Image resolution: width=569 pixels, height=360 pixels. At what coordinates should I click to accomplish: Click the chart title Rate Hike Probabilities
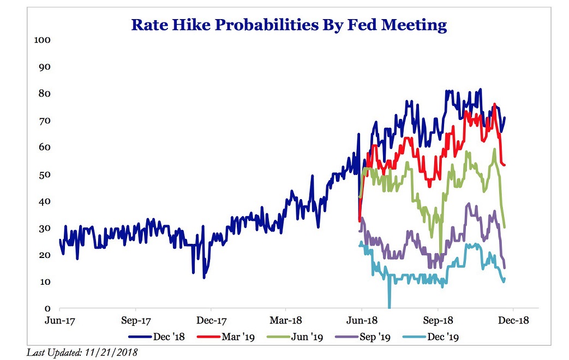point(289,25)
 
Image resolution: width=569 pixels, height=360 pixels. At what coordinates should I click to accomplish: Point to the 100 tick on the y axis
point(42,40)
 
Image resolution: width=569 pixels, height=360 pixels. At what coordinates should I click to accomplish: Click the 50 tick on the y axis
point(44,175)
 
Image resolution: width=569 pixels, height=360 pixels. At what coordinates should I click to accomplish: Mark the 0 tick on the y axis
point(47,309)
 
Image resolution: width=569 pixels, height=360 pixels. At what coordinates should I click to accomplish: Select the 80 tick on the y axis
point(44,94)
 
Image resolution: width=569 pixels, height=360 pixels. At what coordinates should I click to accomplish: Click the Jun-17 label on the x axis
point(59,321)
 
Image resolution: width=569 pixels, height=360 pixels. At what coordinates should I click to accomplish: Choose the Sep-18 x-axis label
point(438,321)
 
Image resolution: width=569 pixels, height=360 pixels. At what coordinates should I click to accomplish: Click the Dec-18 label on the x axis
point(513,321)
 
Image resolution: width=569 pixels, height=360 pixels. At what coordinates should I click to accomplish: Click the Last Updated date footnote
point(82,352)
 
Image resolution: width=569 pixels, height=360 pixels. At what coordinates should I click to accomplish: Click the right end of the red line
point(505,165)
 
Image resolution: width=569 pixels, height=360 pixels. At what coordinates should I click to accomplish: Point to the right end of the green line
point(505,227)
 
